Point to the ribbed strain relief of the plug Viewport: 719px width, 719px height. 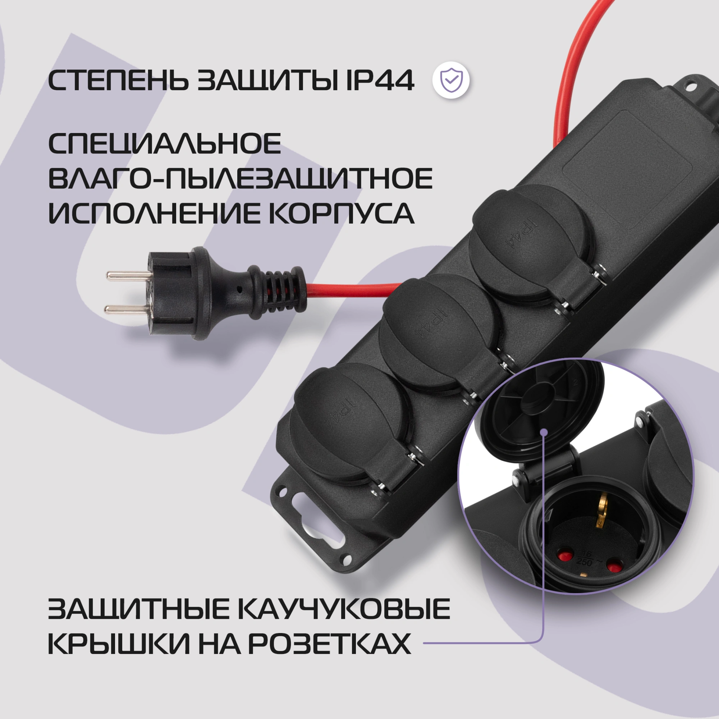278,293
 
